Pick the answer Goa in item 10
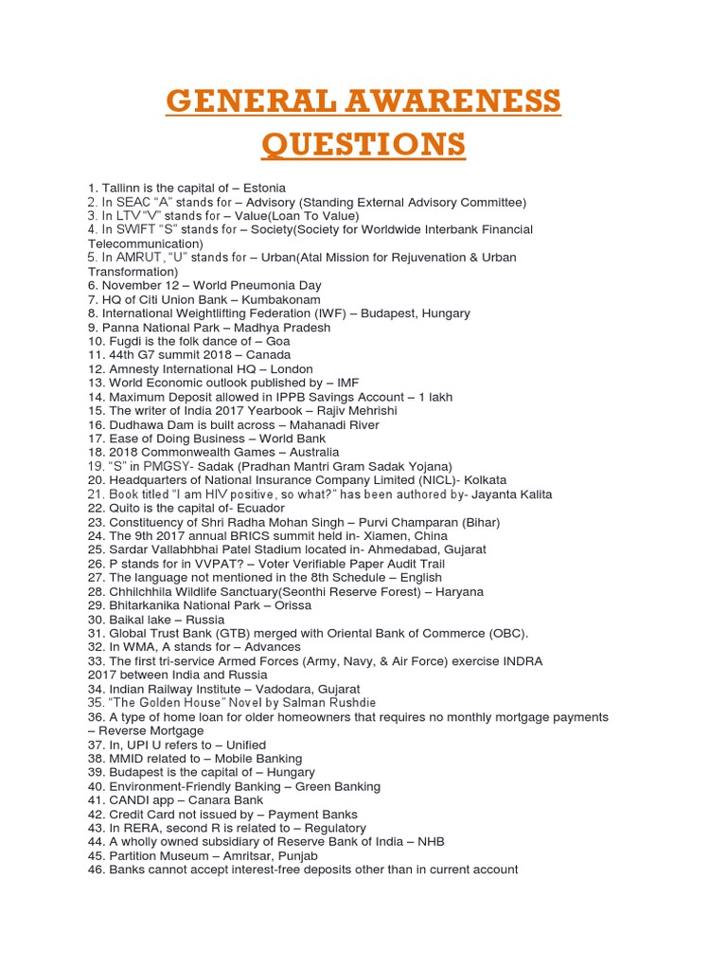[278, 341]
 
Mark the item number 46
[96, 870]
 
